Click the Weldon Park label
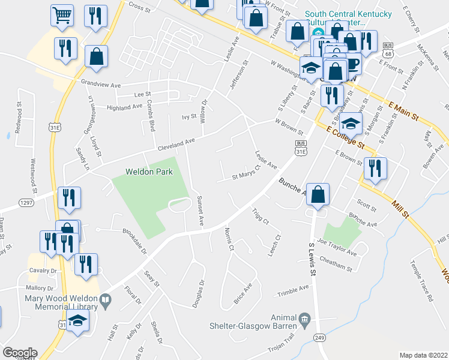pos(149,172)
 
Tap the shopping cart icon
pos(62,17)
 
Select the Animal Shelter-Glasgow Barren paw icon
pos(305,317)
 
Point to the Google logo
pos(19,353)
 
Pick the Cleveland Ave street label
pos(176,145)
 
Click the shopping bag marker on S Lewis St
pos(318,194)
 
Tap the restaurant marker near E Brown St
pos(375,169)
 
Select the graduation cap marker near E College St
pos(351,124)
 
